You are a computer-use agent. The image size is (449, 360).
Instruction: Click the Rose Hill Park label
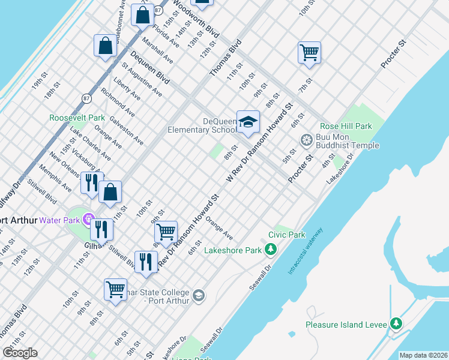(346, 126)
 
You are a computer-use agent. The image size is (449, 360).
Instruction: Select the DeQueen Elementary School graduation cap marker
(247, 122)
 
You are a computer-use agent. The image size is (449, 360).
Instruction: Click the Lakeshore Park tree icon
(271, 249)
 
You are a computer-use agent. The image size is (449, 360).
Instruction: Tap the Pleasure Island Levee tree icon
(396, 324)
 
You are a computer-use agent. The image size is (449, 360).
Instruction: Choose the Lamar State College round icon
(199, 296)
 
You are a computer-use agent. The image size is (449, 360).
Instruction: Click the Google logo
(20, 353)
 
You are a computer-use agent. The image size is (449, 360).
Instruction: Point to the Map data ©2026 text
(423, 355)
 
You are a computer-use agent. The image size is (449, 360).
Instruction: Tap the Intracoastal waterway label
(306, 250)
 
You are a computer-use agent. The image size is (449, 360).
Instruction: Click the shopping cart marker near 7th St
(309, 52)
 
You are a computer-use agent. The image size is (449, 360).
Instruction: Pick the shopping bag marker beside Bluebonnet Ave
(142, 16)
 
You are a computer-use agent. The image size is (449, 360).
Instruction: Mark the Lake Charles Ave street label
(90, 143)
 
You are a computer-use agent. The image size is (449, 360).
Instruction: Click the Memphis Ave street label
(55, 178)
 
